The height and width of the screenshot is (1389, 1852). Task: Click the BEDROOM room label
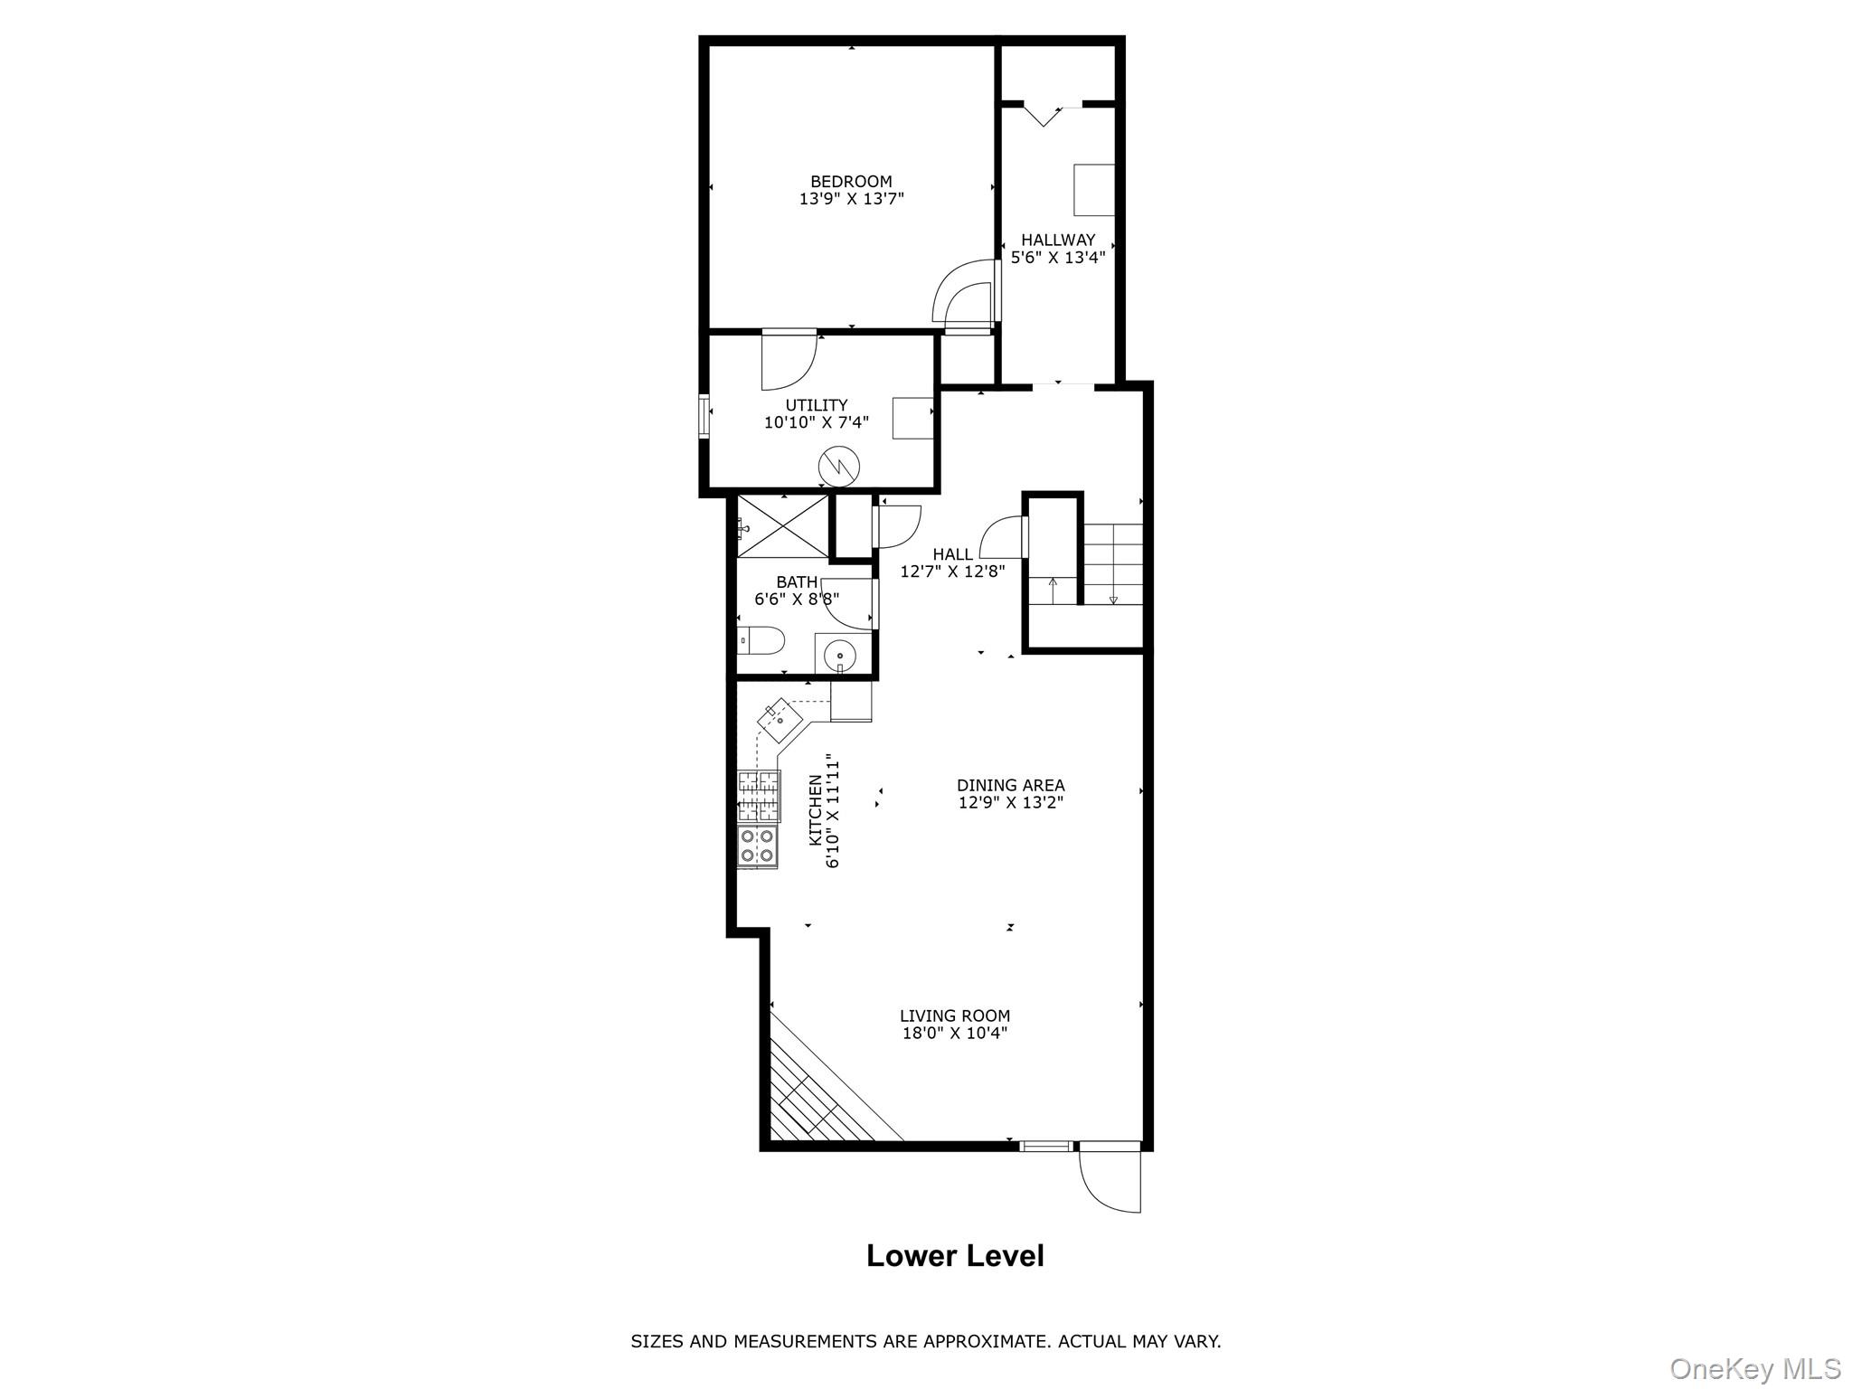coord(850,182)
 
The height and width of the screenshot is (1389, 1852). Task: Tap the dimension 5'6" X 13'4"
coord(1057,258)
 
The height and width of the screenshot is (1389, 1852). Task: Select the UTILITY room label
coord(816,405)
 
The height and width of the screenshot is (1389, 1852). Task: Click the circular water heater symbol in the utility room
coord(838,467)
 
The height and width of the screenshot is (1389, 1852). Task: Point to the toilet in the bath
coord(761,641)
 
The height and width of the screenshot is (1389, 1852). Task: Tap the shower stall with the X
coord(783,527)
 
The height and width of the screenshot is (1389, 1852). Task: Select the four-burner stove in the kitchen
coord(758,846)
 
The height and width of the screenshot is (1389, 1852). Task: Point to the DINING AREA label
coord(1010,785)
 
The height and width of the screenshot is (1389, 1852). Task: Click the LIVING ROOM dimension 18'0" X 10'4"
coord(954,1034)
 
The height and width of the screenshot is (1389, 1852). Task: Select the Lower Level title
coord(955,1256)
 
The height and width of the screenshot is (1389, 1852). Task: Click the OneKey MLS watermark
coord(1754,1368)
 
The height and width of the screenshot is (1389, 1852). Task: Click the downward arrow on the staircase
coord(1113,599)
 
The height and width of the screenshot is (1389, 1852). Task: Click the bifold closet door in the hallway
coord(1043,116)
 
